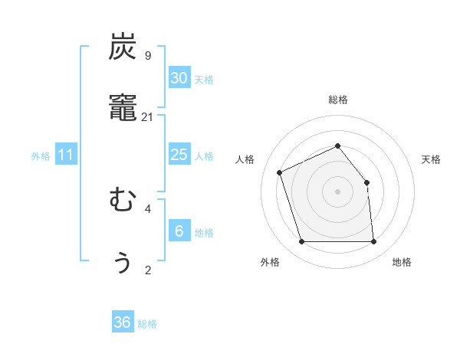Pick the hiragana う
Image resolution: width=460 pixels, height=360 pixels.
coord(123,262)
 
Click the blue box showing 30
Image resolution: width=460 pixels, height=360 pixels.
coord(179,78)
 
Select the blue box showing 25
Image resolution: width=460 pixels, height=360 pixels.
coord(179,155)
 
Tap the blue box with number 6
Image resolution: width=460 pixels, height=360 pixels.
coord(179,231)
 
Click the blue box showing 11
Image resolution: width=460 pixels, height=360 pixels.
coord(66,155)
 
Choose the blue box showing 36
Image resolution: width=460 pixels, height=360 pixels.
coord(123,322)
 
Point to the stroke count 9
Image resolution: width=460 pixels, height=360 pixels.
coord(148,55)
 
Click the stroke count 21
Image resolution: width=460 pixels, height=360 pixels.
coord(148,116)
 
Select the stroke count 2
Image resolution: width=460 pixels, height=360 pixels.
coord(148,270)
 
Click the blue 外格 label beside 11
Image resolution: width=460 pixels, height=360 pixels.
coord(41,156)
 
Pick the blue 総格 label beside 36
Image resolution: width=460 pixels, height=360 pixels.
coord(147,324)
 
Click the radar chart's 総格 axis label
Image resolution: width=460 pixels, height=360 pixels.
coord(338,100)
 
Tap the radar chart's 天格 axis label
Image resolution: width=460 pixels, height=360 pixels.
coord(432,159)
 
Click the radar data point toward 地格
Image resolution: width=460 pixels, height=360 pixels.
coord(373,242)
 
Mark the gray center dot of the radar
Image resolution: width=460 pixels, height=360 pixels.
coord(338,191)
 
